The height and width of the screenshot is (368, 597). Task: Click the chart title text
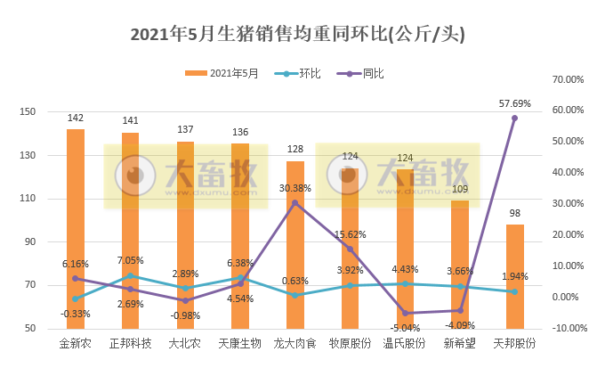[x=298, y=35]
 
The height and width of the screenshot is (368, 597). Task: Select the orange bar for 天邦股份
[x=514, y=276]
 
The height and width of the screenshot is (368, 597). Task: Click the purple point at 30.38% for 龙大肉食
[x=295, y=203]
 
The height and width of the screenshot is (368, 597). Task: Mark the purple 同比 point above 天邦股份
[x=514, y=119]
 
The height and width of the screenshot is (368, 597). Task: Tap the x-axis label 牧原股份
[x=350, y=344]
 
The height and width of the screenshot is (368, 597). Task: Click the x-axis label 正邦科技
[x=131, y=344]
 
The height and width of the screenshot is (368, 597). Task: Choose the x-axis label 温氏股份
[x=405, y=344]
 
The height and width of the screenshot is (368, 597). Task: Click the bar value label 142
[x=76, y=118]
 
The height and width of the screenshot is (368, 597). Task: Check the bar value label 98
[x=514, y=213]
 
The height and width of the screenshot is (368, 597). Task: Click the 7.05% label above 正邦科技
[x=131, y=261]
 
